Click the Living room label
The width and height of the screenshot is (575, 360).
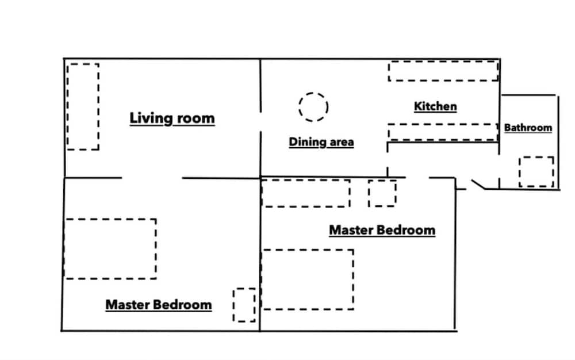tap(172, 118)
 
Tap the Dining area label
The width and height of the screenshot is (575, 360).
tap(321, 142)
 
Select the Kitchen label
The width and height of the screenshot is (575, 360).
tap(435, 106)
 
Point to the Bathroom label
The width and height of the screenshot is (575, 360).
tap(528, 128)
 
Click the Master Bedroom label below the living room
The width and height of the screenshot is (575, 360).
tap(159, 305)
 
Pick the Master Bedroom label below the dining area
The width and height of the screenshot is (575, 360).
tap(382, 230)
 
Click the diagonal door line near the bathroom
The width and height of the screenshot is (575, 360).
tap(478, 185)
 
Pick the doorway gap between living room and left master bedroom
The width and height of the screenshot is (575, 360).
tap(152, 178)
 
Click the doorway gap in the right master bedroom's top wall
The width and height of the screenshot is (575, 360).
tap(417, 178)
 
